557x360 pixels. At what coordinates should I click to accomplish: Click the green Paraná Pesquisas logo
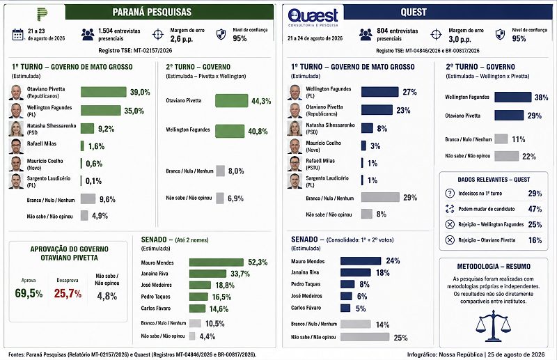point(42,13)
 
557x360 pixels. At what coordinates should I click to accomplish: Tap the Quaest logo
point(313,17)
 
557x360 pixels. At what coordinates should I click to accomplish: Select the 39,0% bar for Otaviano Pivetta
point(103,92)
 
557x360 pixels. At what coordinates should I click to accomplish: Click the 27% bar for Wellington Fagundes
point(379,92)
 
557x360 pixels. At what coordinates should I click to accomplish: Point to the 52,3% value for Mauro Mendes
point(258,263)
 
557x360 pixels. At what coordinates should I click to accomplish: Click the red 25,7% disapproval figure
point(68,294)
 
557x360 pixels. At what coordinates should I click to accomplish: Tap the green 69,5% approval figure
point(29,294)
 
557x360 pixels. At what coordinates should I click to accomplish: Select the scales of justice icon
point(493,325)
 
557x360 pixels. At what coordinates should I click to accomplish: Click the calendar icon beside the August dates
point(17,35)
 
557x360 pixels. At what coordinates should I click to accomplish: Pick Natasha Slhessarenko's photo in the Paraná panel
point(16,129)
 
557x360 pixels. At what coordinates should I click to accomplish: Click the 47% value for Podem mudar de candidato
point(535,209)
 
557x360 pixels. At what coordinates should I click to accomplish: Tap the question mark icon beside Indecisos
point(450,194)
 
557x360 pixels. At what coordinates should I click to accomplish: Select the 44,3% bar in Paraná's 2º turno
point(232,100)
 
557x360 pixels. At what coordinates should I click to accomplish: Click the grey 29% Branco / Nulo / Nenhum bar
point(380,197)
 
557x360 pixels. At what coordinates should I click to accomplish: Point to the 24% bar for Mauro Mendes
point(361,261)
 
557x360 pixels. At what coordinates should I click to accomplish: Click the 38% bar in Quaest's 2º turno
point(513,97)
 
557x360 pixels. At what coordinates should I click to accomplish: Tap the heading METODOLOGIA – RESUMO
point(494,266)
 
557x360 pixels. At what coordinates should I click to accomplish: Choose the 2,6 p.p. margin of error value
point(182,39)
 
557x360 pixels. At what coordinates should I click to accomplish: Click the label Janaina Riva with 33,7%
point(155,274)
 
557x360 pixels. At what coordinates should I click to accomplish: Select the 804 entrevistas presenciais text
point(397,35)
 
